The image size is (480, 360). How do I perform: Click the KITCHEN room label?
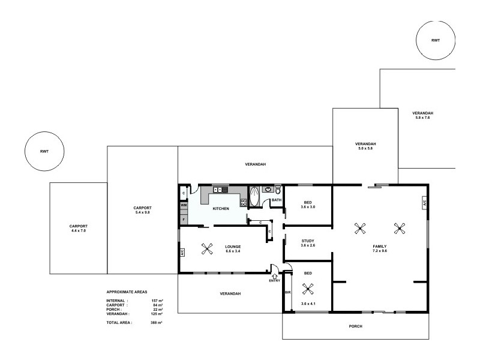(221, 208)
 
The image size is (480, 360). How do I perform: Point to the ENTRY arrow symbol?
(275, 275)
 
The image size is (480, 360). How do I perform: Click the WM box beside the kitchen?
(183, 205)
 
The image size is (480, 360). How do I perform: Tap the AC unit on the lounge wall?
(182, 253)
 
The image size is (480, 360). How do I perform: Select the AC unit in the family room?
(424, 203)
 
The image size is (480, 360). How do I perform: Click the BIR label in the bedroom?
(287, 293)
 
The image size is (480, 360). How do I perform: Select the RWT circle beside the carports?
(44, 151)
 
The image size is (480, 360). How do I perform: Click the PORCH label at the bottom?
(355, 326)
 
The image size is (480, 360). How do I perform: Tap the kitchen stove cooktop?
(244, 202)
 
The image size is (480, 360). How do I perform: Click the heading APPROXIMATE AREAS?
(126, 291)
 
